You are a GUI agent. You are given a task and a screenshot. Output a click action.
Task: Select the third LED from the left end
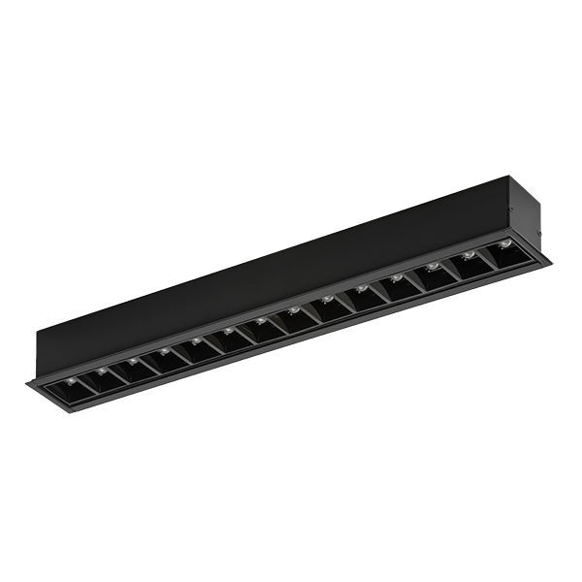133,360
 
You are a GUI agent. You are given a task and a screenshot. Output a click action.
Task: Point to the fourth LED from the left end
164,350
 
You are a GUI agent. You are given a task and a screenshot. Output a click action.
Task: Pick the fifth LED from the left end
196,340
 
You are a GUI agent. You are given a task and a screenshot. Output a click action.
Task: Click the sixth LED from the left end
228,331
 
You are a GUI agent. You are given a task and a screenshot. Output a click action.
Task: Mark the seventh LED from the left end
261,320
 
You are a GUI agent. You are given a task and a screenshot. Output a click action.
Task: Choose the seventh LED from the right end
294,309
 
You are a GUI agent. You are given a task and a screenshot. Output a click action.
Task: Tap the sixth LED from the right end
328,299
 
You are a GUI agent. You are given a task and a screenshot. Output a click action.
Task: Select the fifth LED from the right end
362,288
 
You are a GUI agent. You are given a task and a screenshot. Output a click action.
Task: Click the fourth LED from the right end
397,277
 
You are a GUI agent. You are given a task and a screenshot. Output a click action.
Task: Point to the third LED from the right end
433,266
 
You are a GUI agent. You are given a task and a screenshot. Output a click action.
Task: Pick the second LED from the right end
469,254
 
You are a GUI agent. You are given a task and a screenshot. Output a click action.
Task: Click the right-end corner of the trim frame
549,260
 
